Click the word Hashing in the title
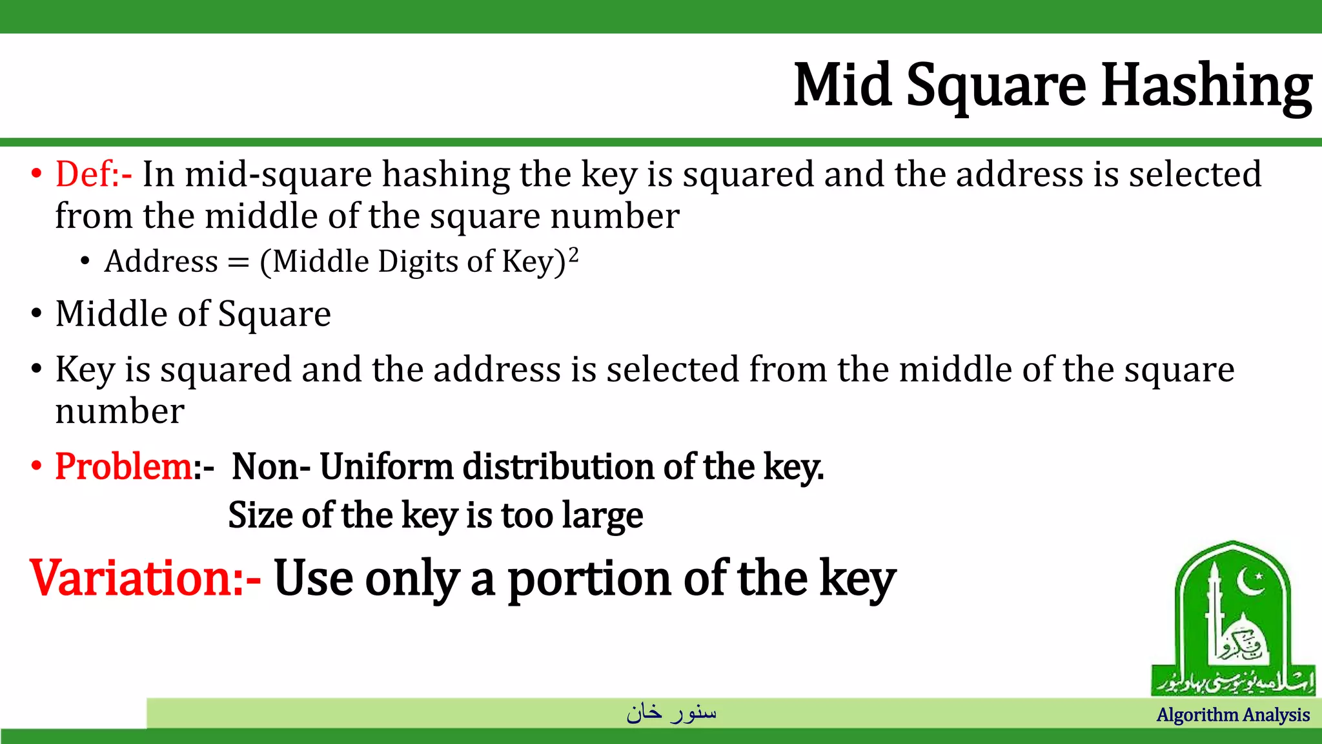pyautogui.click(x=1206, y=86)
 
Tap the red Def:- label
pyautogui.click(x=94, y=174)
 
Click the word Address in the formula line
pyautogui.click(x=161, y=262)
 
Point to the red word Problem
pyautogui.click(x=123, y=466)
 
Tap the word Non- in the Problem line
pyautogui.click(x=271, y=466)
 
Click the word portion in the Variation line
pyautogui.click(x=590, y=579)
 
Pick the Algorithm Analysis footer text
pyautogui.click(x=1233, y=715)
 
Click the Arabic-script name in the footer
pyautogui.click(x=671, y=712)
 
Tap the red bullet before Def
pyautogui.click(x=36, y=174)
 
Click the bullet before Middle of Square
pyautogui.click(x=36, y=314)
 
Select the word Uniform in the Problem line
pyautogui.click(x=386, y=466)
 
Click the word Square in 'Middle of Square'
pyautogui.click(x=274, y=315)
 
